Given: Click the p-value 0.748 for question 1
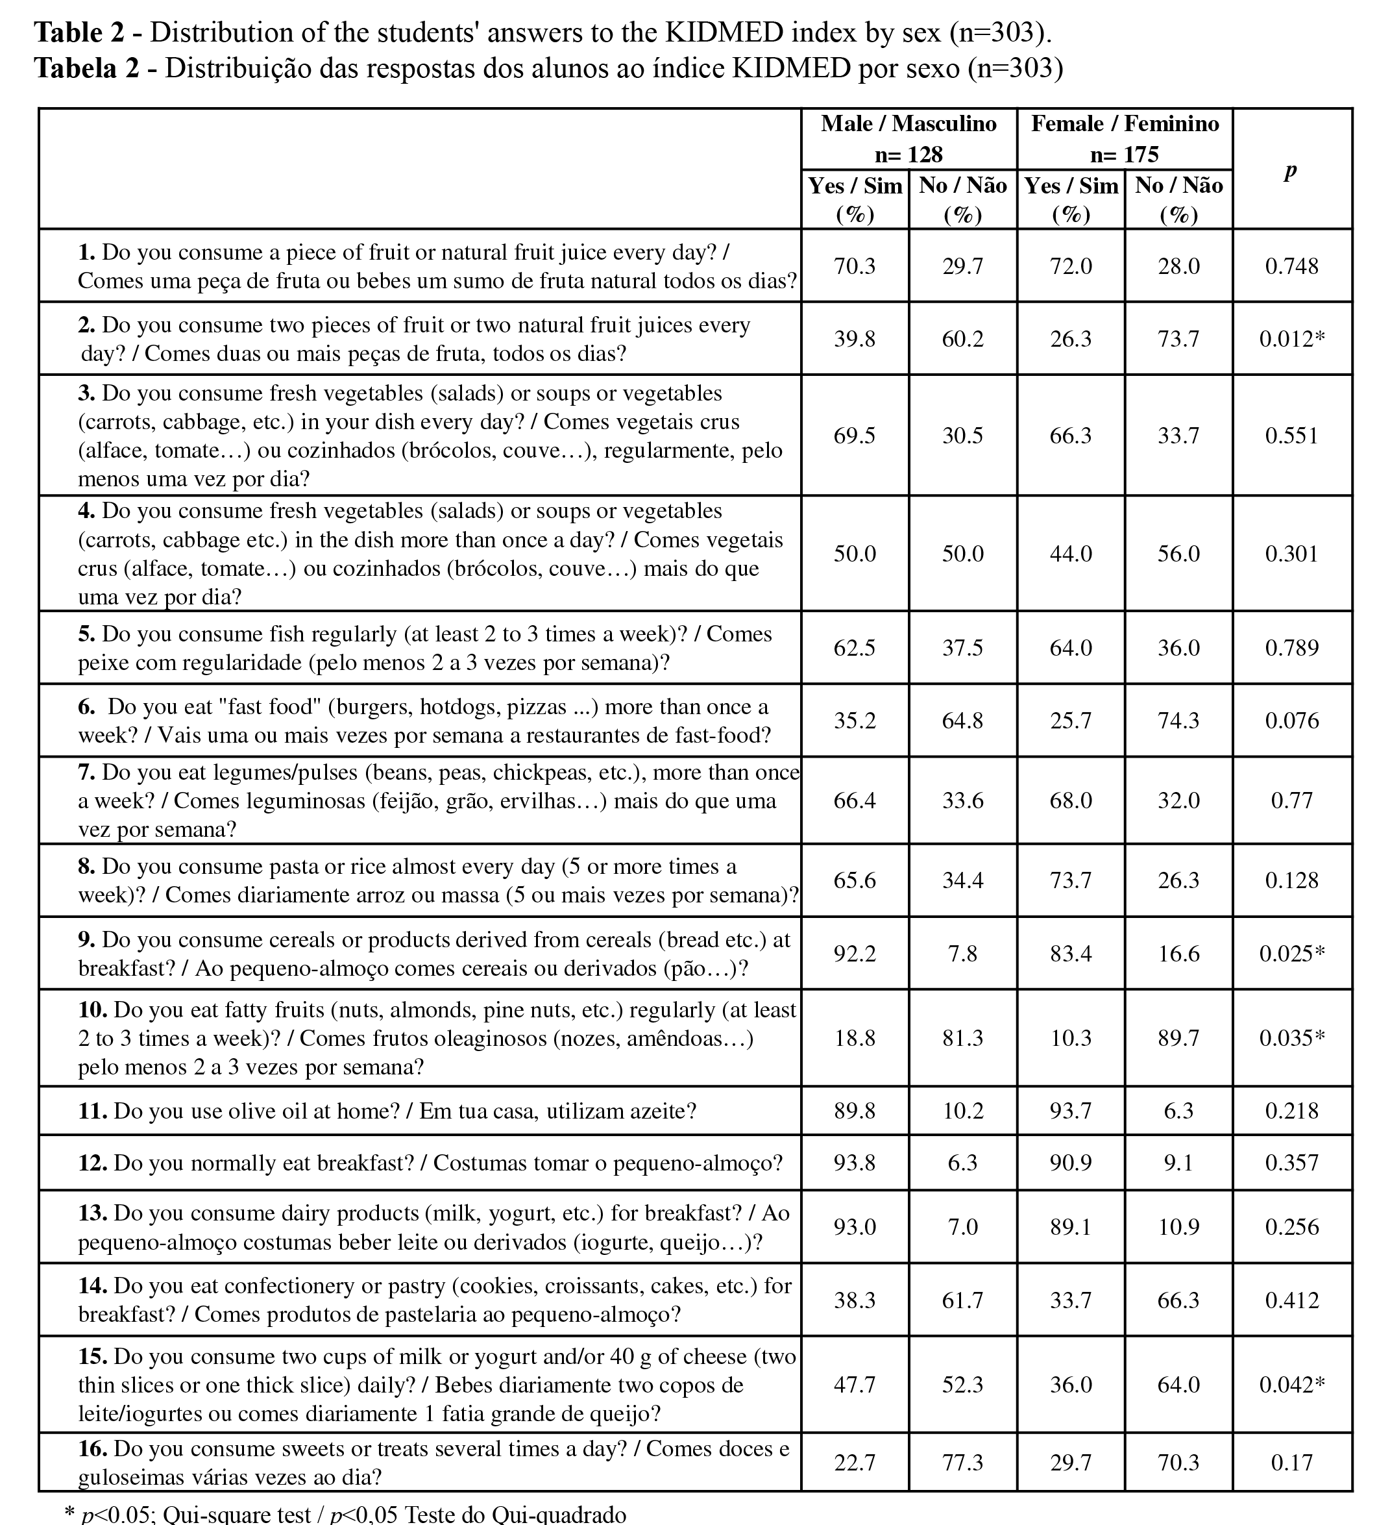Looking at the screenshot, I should tap(1291, 266).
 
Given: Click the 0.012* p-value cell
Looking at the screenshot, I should tap(1291, 339).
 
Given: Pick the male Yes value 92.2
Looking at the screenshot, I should tap(855, 954).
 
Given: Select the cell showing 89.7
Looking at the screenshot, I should tap(1178, 1039).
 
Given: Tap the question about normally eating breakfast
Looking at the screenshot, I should tap(430, 1163).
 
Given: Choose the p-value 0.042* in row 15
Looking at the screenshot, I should tap(1291, 1385).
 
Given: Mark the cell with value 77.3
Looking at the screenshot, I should tap(962, 1463).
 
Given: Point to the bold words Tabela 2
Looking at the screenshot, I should tap(87, 68).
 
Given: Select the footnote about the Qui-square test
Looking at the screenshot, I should tap(346, 1515).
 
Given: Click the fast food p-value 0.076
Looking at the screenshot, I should tap(1291, 721).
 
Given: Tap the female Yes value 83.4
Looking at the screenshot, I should tap(1070, 954).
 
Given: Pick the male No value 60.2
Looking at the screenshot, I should tap(962, 339).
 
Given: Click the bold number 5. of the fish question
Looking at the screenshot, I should tap(86, 634).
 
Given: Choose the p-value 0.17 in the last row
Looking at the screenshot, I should tap(1291, 1463).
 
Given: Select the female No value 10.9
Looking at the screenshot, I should tap(1178, 1227).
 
